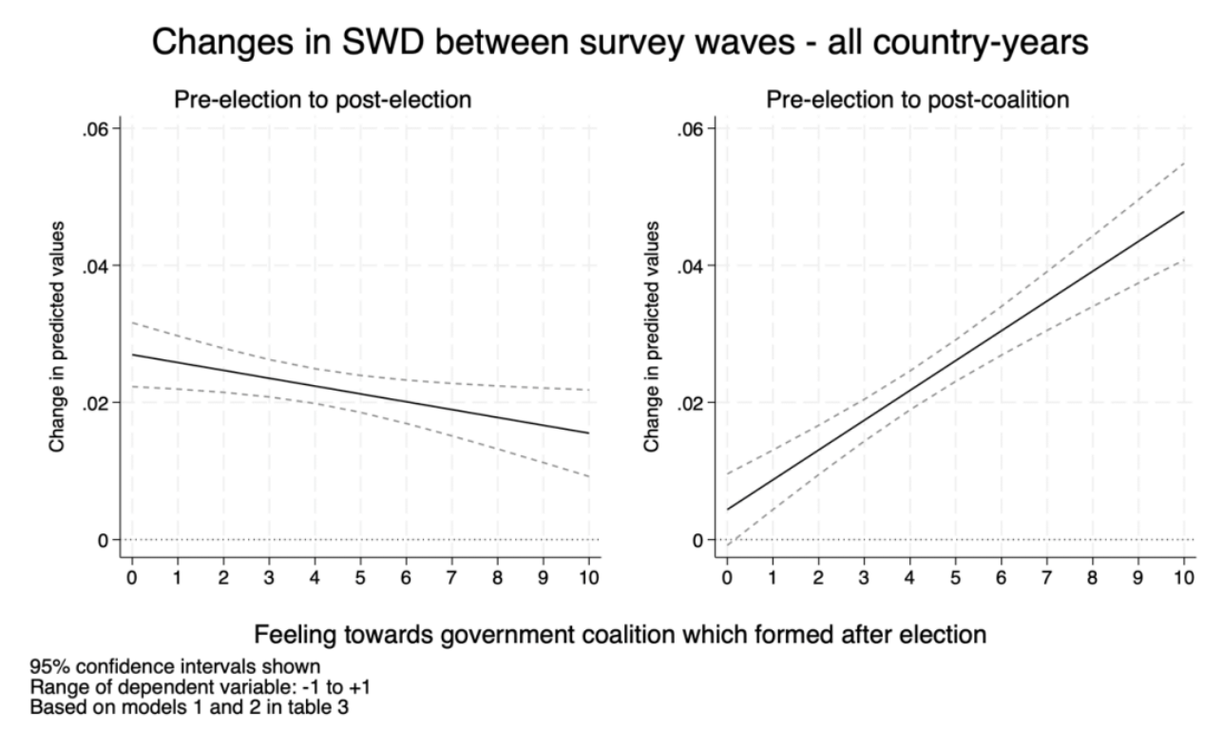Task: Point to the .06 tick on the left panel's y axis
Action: point(96,128)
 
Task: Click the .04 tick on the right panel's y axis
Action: point(692,265)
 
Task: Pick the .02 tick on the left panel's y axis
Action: point(96,402)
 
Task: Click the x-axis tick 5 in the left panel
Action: point(360,577)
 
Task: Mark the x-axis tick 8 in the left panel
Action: point(497,577)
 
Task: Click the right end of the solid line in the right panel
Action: point(1183,212)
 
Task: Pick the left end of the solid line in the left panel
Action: point(132,355)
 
